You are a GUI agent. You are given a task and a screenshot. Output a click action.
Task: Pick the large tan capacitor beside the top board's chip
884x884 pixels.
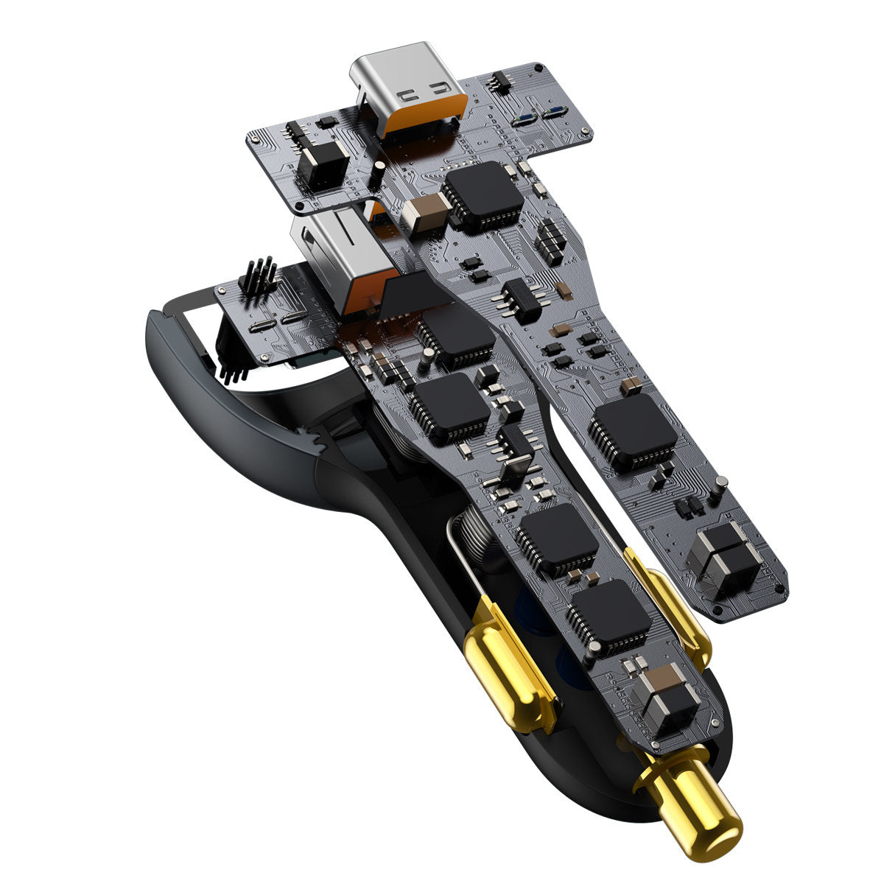tap(425, 212)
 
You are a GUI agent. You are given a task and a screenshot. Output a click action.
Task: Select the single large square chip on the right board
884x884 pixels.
tap(634, 431)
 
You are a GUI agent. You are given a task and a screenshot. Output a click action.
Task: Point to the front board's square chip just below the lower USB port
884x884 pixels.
tap(456, 335)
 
